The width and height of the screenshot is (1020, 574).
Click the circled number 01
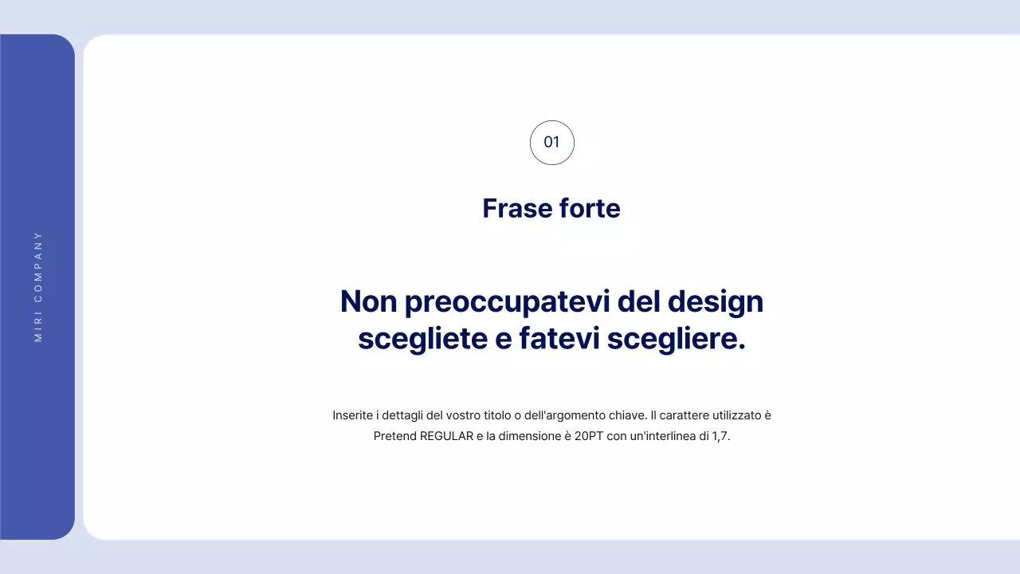pos(551,143)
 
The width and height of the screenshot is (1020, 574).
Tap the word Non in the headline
pos(368,302)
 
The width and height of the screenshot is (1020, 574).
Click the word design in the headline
pos(715,302)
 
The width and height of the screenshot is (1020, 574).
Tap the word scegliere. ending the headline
pos(676,339)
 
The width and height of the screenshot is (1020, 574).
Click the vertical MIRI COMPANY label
pos(38,287)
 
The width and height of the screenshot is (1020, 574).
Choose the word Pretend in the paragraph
pos(394,437)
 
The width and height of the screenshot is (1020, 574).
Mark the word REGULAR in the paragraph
pos(446,437)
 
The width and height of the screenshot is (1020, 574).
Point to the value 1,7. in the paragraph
pos(721,437)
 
